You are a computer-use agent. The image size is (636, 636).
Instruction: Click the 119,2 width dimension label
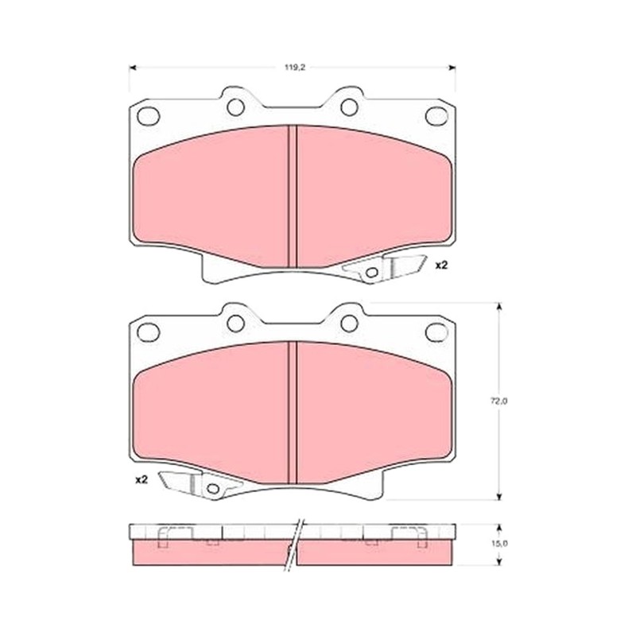click(x=294, y=68)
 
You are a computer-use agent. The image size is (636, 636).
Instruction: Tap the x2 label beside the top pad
click(x=441, y=266)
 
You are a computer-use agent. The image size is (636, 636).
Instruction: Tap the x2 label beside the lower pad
click(x=142, y=480)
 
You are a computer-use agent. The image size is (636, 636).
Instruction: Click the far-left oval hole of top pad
click(x=148, y=116)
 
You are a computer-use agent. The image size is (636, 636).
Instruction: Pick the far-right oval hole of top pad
click(x=436, y=116)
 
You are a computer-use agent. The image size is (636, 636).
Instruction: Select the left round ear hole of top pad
click(x=235, y=107)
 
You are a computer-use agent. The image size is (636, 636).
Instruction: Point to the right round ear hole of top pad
click(x=349, y=107)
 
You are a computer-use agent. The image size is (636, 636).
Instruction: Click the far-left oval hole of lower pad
click(x=148, y=332)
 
